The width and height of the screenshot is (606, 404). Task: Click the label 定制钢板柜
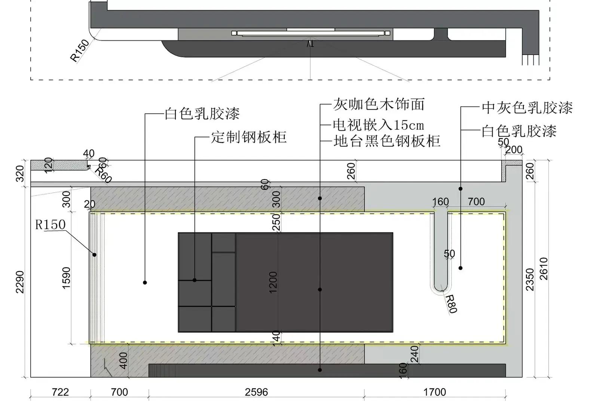coord(249,137)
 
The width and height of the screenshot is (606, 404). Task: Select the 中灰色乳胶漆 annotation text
coord(527,108)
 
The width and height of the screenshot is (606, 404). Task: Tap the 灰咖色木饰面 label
coord(379,104)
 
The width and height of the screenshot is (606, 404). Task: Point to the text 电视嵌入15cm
coord(378,125)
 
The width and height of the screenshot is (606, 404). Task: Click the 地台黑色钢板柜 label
coord(386,141)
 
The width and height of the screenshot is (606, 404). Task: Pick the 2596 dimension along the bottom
coord(256,392)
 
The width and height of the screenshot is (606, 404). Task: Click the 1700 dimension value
coord(434,392)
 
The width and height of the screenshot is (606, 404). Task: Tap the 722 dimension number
coord(60,392)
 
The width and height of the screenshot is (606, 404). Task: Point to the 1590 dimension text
coord(66,278)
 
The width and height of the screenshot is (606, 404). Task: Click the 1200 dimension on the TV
coord(273,282)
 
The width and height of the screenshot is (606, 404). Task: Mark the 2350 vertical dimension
coord(530,279)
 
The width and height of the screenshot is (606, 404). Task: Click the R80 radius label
coord(452,304)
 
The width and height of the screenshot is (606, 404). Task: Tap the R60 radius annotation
coord(103,174)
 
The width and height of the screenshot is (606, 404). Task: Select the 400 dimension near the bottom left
coord(123,360)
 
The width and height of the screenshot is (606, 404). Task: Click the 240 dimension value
coord(414,353)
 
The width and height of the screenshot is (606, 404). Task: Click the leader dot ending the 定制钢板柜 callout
coord(195,280)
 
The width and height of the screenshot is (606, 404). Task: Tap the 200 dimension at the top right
coord(514,150)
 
